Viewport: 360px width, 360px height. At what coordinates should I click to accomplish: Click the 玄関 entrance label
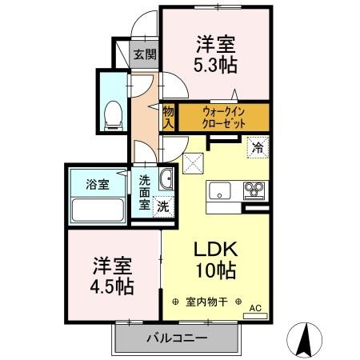(144, 55)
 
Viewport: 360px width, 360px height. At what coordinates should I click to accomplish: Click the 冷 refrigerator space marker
(257, 146)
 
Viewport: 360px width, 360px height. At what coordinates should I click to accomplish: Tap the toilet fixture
(113, 114)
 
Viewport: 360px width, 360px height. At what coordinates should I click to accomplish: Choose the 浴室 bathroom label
(98, 184)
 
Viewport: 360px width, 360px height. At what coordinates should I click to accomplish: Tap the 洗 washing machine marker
(162, 206)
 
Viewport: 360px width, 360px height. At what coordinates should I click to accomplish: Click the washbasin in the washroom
(166, 178)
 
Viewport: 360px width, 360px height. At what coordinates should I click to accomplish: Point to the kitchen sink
(221, 191)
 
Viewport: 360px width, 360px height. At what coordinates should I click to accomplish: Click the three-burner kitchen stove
(256, 190)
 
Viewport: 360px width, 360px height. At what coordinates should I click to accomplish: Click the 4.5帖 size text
(112, 285)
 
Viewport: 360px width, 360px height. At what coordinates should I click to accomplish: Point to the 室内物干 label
(207, 302)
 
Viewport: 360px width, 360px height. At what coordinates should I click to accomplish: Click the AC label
(255, 307)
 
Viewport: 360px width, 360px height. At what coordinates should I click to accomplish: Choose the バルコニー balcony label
(176, 338)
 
